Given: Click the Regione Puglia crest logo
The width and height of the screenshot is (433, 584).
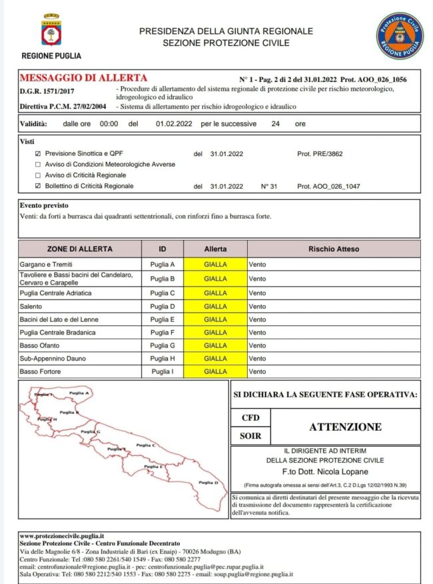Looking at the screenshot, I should point(51,31).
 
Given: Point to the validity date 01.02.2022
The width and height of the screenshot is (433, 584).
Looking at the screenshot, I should point(175,124).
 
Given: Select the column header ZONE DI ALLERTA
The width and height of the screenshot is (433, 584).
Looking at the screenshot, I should point(80,249).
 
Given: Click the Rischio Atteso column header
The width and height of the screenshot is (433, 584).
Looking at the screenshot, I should point(333,249).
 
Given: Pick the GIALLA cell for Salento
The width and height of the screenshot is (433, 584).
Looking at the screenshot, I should point(215,306).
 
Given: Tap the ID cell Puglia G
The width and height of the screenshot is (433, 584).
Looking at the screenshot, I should point(163,345).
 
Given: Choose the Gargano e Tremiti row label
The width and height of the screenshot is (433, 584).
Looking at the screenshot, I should point(45,265).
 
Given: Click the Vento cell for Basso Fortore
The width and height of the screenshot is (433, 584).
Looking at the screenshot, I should point(257,371).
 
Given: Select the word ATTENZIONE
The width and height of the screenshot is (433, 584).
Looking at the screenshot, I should point(345,427).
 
